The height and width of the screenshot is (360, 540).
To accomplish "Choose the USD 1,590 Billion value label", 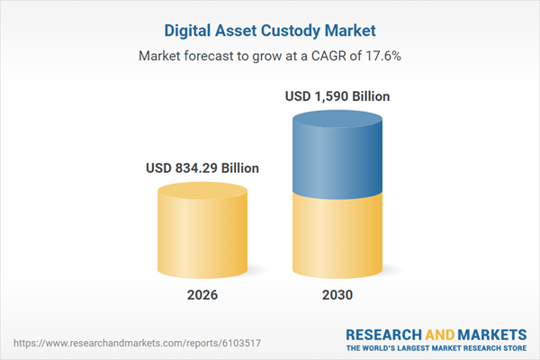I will pos(337,95).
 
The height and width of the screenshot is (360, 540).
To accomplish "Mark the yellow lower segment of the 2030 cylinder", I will pos(337,238).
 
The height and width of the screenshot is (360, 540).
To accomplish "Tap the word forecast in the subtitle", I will pos(209,56).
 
